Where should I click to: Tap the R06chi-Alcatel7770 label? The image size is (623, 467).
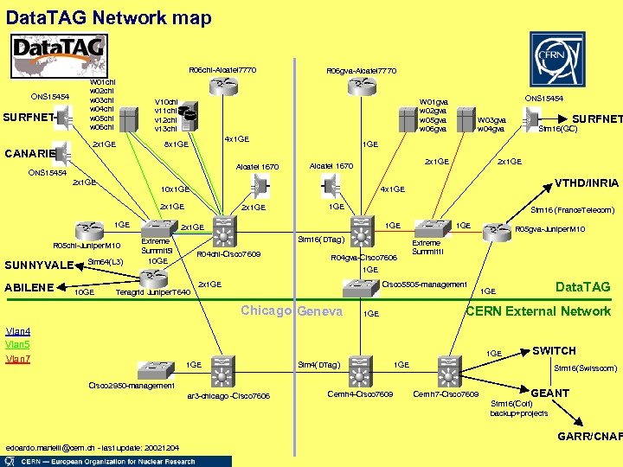point(222,70)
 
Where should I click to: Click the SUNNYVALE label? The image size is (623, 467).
point(40,265)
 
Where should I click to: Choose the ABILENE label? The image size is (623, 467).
point(31,287)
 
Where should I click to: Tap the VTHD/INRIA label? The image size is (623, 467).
point(586,183)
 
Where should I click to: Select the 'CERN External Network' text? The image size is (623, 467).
point(538,311)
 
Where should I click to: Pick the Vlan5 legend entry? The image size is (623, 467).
point(18,344)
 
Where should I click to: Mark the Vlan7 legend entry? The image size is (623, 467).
point(18,358)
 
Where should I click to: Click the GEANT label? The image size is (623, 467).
point(549,393)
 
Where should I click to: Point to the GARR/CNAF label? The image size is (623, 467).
point(589,436)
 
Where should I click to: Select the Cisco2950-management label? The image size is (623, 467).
point(132,385)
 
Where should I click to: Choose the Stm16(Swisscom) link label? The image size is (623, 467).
point(586,368)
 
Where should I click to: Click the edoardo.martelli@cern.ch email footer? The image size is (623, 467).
point(91,447)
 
